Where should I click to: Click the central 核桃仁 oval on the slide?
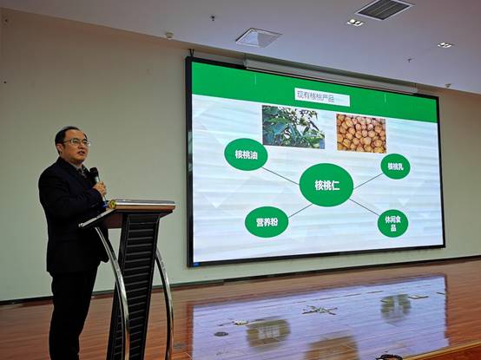point(326,185)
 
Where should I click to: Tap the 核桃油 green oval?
point(246,154)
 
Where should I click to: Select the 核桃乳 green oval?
point(395,167)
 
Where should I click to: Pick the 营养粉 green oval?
point(267,222)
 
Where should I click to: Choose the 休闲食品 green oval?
point(393,223)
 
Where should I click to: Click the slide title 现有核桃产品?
point(322,97)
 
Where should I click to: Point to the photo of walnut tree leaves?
point(293,128)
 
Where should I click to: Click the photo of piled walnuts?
point(361,134)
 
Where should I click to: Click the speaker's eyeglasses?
point(77,142)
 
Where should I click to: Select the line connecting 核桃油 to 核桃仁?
point(280,176)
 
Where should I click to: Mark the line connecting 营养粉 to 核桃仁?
point(300,211)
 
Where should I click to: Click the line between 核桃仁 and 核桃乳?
point(368,181)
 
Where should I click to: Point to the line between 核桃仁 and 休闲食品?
point(364,207)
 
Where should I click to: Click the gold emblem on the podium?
point(112,205)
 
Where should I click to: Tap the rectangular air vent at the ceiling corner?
point(384,9)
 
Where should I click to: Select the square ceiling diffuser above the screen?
point(258,37)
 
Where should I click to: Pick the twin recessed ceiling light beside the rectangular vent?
point(355,23)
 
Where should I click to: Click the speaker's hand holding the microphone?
point(100,188)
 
